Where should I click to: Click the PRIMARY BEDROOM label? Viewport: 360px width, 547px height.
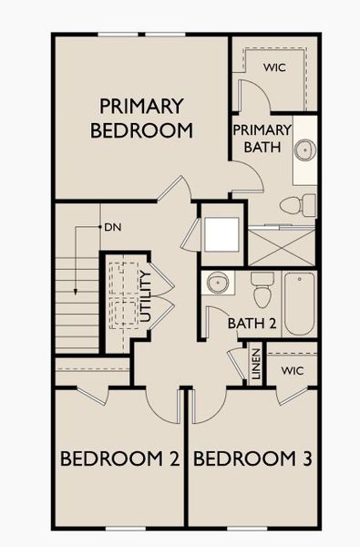(141, 119)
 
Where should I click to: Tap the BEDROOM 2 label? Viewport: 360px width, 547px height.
(118, 459)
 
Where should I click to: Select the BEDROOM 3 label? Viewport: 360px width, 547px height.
(253, 459)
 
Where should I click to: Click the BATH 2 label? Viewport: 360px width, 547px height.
(252, 322)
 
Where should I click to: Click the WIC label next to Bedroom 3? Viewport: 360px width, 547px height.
(292, 371)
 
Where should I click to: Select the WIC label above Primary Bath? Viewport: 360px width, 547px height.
(274, 67)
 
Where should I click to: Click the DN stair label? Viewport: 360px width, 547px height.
(112, 226)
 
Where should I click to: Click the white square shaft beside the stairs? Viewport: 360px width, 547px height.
(221, 234)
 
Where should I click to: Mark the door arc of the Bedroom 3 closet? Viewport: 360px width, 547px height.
(294, 393)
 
